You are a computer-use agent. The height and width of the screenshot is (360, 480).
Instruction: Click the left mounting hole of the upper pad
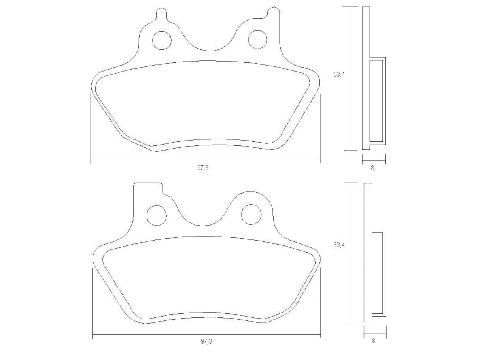pyautogui.click(x=162, y=40)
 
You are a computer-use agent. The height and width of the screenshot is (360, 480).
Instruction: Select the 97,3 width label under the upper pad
pyautogui.click(x=203, y=168)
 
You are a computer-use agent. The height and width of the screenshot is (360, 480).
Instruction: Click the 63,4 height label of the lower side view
pyautogui.click(x=339, y=245)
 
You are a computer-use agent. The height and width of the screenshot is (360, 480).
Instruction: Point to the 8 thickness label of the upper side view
pyautogui.click(x=372, y=168)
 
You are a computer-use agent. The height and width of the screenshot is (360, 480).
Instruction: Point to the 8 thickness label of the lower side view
pyautogui.click(x=374, y=341)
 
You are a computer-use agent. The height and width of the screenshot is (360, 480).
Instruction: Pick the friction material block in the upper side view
pyautogui.click(x=377, y=101)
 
